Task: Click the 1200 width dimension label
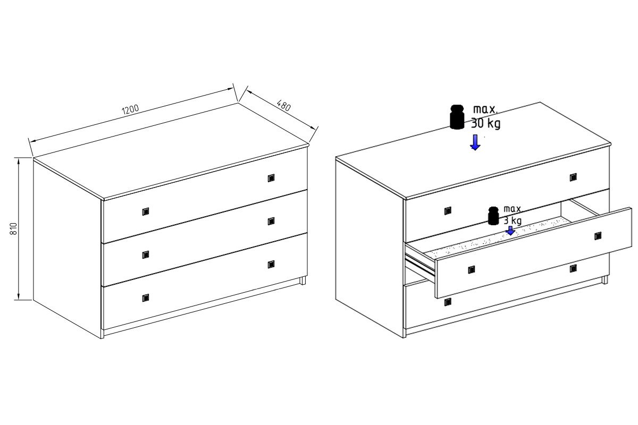tap(130, 109)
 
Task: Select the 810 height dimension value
tap(14, 228)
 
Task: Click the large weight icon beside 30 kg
tap(457, 117)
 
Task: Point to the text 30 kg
tap(485, 123)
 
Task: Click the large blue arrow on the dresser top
tap(475, 142)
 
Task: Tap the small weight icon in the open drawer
tap(493, 216)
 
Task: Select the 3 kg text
tap(513, 220)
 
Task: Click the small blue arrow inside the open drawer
tap(510, 231)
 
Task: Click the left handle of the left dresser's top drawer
tap(146, 211)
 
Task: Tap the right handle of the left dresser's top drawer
tap(271, 178)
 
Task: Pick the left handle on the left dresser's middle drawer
tap(146, 255)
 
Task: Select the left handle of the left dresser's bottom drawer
tap(146, 297)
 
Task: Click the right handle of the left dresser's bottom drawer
tap(271, 265)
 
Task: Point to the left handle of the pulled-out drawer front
tap(472, 269)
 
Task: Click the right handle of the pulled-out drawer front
tap(598, 236)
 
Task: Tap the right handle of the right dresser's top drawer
tap(573, 177)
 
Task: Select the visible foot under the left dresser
tap(303, 280)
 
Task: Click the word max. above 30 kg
tap(485, 109)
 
